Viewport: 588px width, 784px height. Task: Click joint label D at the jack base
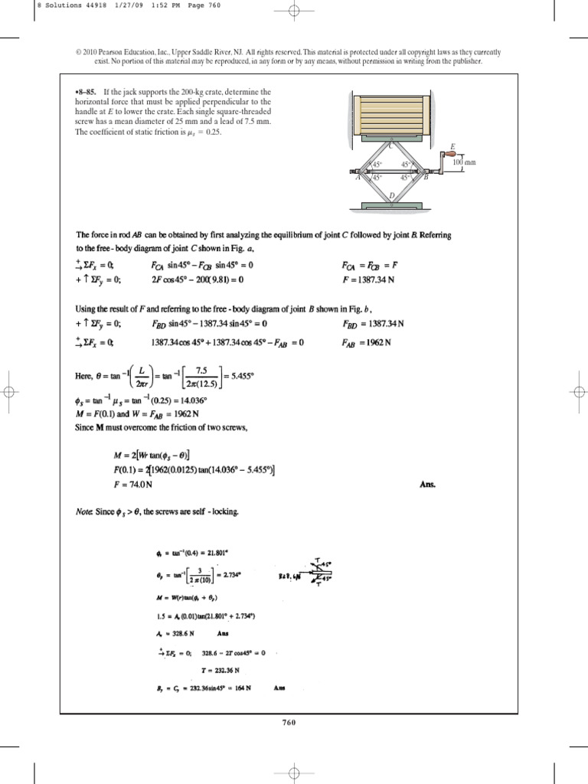(391, 196)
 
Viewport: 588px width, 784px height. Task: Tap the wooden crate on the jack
(391, 114)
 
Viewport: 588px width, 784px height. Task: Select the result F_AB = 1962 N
(367, 342)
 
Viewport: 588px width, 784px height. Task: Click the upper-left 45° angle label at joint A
(377, 165)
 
